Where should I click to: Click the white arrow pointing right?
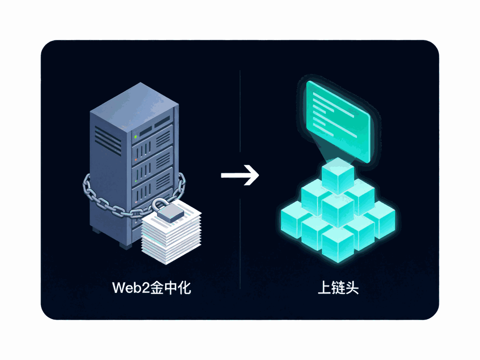pos(240,175)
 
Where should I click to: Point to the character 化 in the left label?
pos(184,288)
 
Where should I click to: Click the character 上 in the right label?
pos(324,288)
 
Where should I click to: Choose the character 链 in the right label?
pos(338,288)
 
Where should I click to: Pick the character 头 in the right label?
pos(352,288)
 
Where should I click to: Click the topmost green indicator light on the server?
pos(136,137)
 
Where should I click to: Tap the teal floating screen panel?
pos(338,121)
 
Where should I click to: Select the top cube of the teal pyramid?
pos(338,176)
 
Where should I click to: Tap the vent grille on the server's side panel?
pos(108,141)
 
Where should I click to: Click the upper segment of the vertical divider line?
pos(240,111)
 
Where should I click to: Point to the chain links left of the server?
pos(96,197)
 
